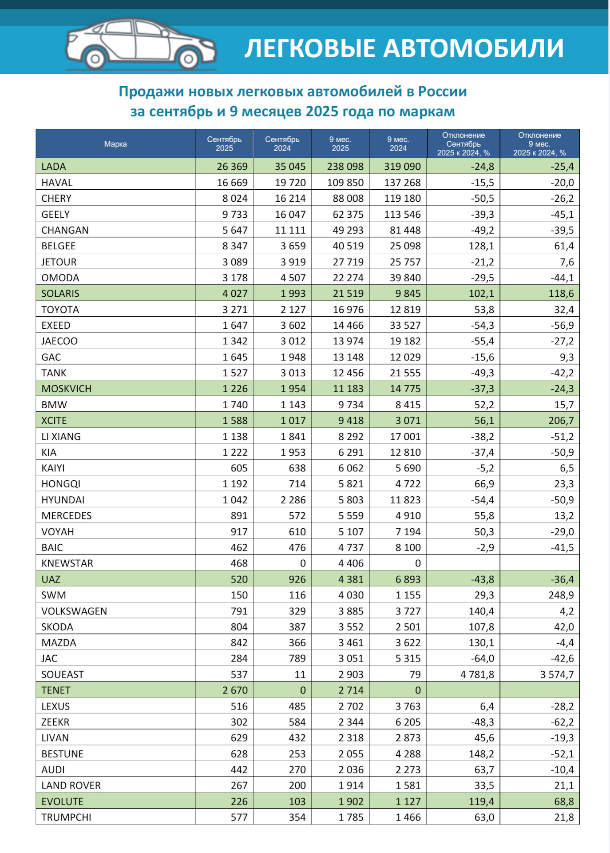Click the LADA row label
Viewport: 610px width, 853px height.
coord(54,167)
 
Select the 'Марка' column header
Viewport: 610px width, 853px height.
coord(115,144)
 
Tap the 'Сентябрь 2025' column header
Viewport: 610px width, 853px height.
coord(224,144)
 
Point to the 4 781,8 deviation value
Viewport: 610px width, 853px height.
coord(477,674)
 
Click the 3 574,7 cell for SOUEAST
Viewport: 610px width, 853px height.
coord(557,674)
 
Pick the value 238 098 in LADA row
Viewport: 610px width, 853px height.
coord(348,167)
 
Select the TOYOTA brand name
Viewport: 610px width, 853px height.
coord(60,310)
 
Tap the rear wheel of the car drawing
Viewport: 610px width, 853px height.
coord(95,59)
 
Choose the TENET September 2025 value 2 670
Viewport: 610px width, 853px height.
coord(235,690)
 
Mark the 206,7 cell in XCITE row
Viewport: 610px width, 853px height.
coord(561,420)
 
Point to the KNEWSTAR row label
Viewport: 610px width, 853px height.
coord(67,563)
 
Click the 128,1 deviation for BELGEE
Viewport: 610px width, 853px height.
coord(481,246)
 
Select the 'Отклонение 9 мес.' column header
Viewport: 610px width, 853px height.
coord(539,144)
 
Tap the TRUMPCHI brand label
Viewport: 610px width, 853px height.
coord(66,817)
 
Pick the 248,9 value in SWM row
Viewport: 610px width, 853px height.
coord(561,595)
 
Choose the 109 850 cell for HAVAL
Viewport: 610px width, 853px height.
coord(348,183)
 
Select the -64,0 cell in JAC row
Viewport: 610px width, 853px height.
coord(483,658)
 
